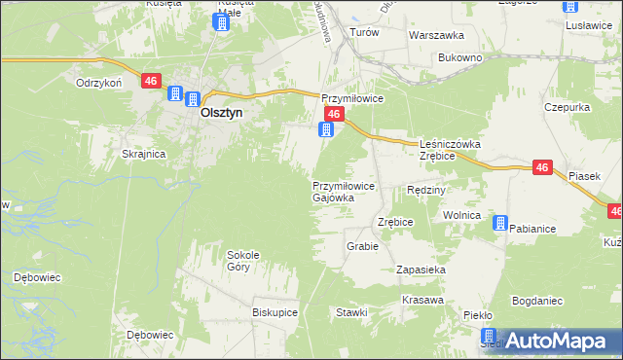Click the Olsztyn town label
[x=221, y=112]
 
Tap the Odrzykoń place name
[x=98, y=83]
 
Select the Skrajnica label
[x=143, y=154]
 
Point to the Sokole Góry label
[x=243, y=260]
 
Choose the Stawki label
[x=350, y=312]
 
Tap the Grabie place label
[x=361, y=246]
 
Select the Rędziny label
[x=425, y=190]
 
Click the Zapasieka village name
[x=421, y=269]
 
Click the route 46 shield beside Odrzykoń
[x=150, y=82]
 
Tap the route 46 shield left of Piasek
[x=543, y=168]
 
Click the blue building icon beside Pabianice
[x=499, y=224]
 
